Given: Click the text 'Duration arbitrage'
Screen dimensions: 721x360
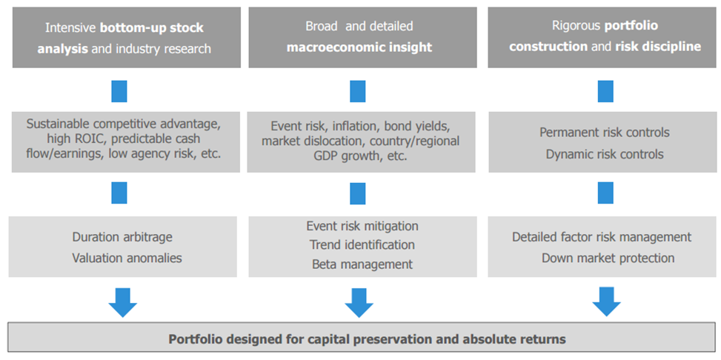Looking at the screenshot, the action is click(122, 237).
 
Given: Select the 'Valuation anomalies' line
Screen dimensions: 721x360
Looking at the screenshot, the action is click(127, 258).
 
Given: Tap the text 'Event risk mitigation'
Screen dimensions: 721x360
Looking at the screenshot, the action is click(362, 226).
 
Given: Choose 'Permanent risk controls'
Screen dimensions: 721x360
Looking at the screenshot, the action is click(605, 133).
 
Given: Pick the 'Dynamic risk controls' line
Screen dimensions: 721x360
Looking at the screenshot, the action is click(605, 154).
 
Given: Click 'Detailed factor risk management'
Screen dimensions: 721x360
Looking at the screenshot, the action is click(602, 237).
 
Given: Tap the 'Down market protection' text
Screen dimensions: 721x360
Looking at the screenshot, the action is click(608, 258).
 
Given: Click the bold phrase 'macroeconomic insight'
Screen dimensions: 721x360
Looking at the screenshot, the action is click(359, 47).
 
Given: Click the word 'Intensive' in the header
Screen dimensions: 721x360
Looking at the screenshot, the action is click(71, 28).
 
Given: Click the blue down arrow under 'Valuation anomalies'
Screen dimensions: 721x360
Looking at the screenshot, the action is click(123, 302).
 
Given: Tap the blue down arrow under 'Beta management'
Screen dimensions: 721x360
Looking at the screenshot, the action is click(359, 302).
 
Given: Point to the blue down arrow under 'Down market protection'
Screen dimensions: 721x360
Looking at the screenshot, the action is click(606, 302).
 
